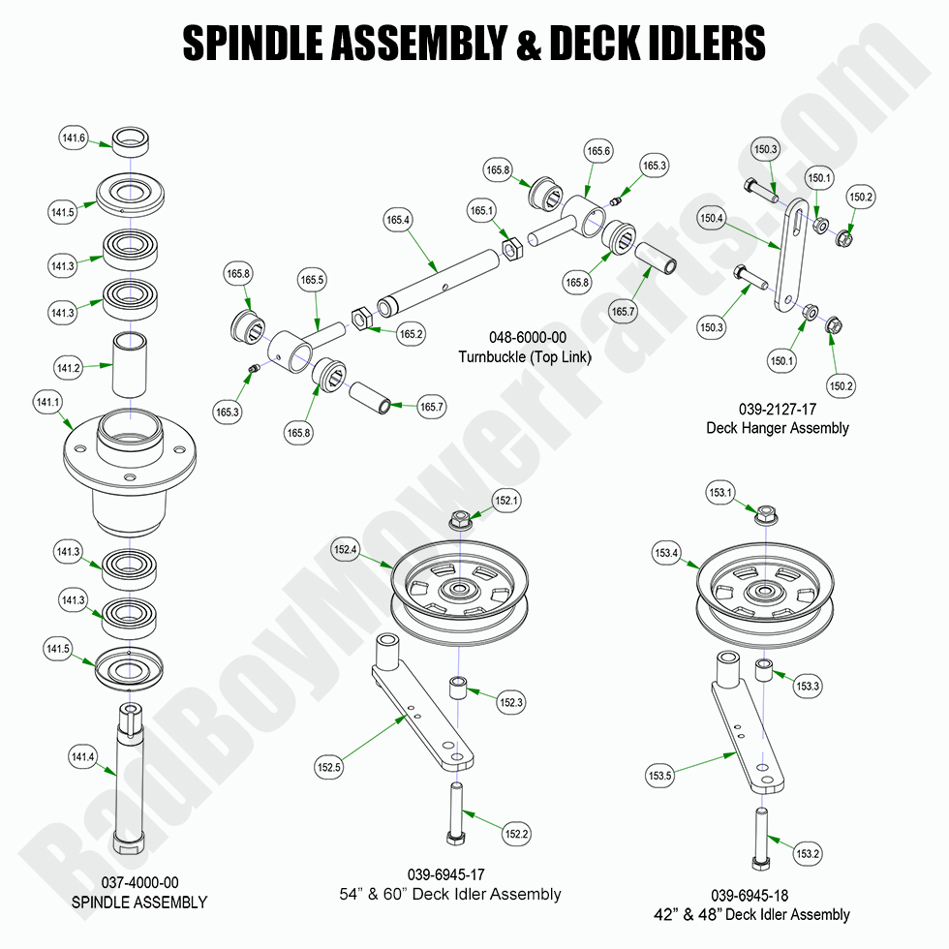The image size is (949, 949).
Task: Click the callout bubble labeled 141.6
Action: [x=74, y=139]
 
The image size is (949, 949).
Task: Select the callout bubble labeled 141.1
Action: [x=46, y=402]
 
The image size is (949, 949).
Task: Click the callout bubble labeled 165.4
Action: [x=398, y=221]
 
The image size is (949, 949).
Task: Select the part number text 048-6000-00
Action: [x=527, y=338]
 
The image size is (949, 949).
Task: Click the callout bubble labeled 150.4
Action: [x=712, y=219]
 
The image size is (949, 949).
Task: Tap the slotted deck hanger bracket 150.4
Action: [x=785, y=257]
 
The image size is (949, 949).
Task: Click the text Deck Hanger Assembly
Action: [x=778, y=427]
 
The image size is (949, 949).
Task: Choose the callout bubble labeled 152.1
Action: [x=506, y=501]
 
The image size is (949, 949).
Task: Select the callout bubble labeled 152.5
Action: [x=329, y=768]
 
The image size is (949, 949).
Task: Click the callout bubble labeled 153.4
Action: [x=666, y=554]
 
